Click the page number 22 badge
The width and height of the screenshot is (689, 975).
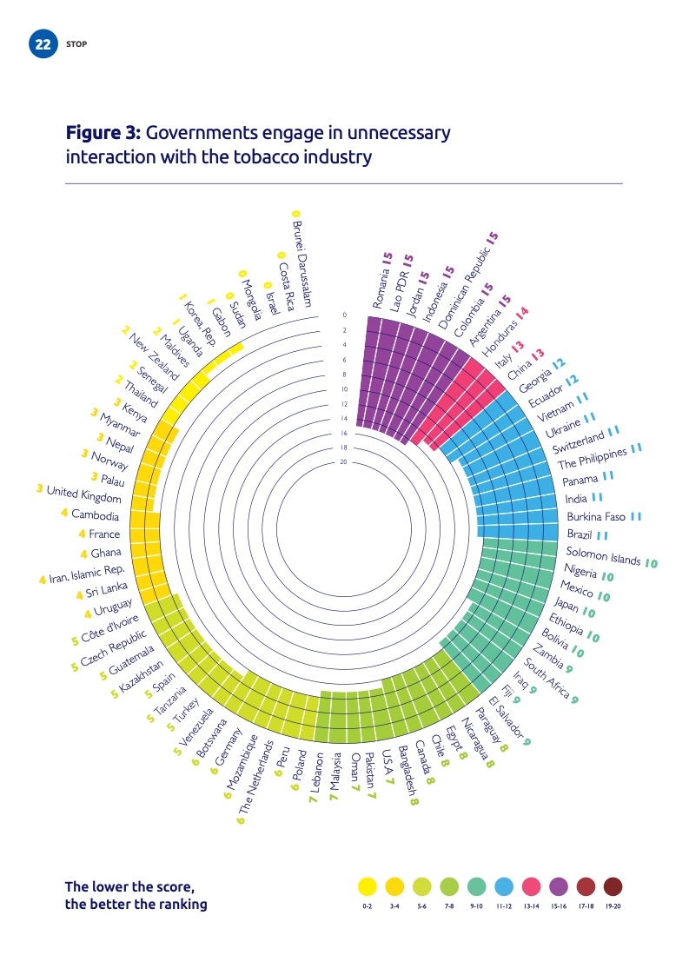point(42,44)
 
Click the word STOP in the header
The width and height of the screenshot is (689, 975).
point(76,44)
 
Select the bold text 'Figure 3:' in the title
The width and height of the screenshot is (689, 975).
point(103,134)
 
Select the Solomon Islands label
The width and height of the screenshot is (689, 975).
point(603,555)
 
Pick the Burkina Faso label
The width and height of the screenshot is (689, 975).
point(596,517)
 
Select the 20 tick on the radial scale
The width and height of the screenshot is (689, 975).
point(344,462)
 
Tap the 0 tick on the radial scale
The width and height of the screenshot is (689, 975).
point(344,315)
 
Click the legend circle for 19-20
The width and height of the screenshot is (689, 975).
point(613,886)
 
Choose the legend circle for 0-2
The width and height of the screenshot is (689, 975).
point(368,886)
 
